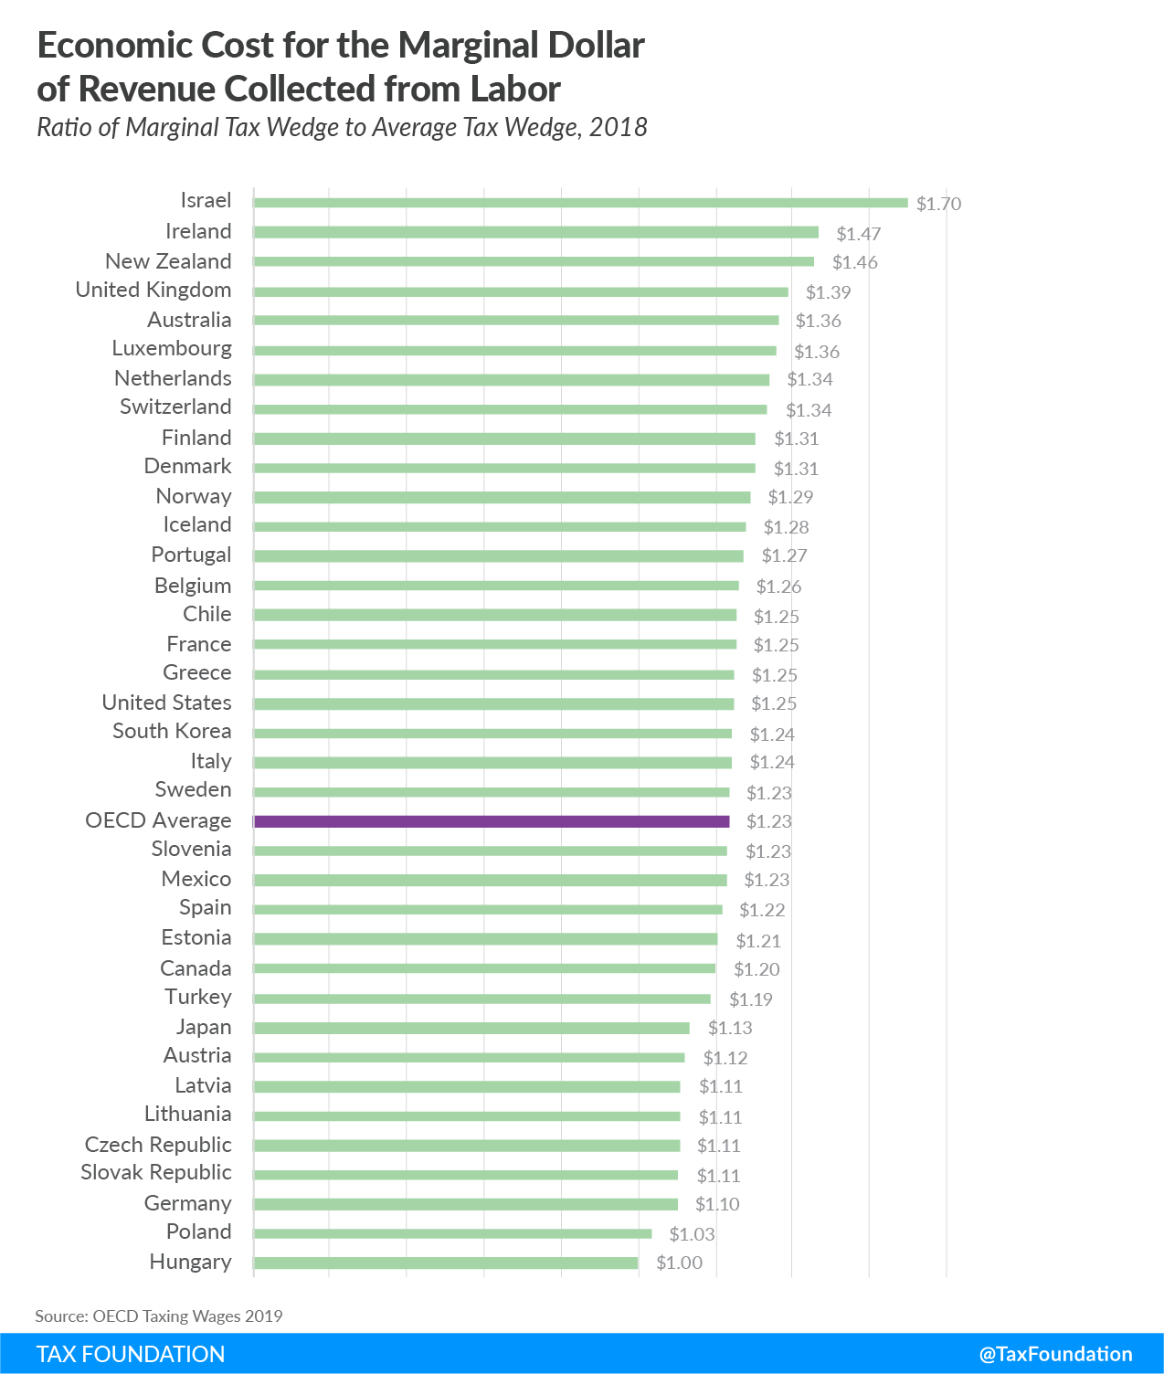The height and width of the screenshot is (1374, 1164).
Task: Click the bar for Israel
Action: tap(580, 203)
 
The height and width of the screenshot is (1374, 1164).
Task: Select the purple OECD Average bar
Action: tap(492, 821)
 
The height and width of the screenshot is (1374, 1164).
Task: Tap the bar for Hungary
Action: tap(446, 1263)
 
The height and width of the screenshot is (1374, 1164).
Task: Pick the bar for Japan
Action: tap(471, 1028)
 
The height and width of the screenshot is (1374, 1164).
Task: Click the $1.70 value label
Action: tap(938, 204)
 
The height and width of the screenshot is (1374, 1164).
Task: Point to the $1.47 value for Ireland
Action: tap(858, 234)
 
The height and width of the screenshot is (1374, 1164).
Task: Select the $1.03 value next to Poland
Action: tap(692, 1234)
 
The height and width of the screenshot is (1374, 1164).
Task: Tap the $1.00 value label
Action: tap(679, 1263)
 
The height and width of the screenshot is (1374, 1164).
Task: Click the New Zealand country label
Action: tap(168, 261)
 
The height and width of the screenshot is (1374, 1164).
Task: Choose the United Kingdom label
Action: tap(153, 290)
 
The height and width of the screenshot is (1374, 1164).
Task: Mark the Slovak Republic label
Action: tap(156, 1172)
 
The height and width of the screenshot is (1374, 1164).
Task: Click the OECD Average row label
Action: tap(158, 820)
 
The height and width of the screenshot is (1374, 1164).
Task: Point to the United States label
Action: tap(166, 703)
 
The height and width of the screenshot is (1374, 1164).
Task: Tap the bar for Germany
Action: tap(466, 1204)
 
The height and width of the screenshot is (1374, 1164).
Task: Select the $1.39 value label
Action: tap(828, 292)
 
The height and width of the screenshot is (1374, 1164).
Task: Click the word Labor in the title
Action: tap(515, 89)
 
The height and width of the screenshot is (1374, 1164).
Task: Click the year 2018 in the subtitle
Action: tap(618, 127)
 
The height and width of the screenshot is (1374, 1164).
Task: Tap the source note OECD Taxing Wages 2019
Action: tap(159, 1316)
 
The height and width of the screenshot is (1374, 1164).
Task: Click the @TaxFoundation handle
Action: tap(1055, 1354)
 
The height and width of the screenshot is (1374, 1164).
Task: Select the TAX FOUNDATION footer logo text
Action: tap(131, 1354)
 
